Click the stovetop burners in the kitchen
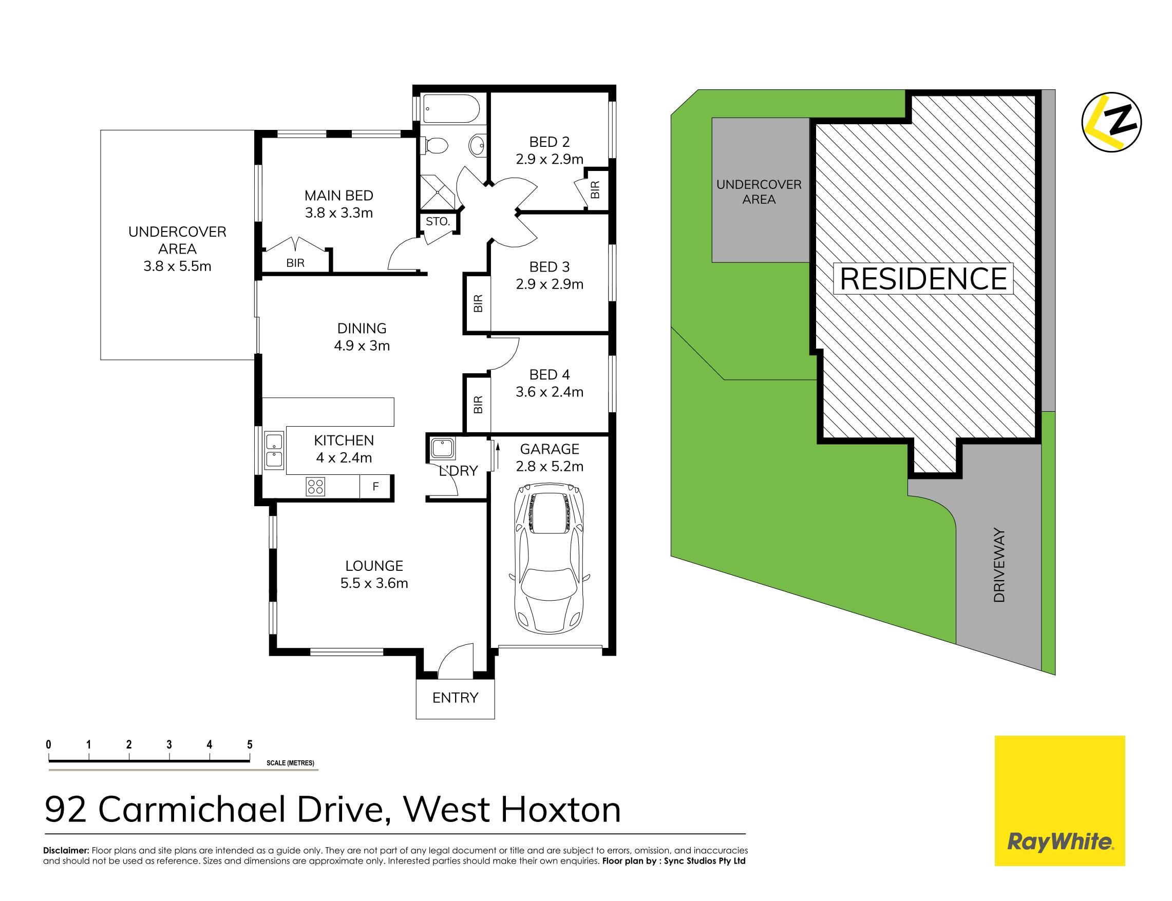click(315, 486)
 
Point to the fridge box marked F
click(375, 486)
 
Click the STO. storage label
click(438, 221)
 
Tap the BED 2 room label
click(549, 142)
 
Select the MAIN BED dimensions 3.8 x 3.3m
click(338, 213)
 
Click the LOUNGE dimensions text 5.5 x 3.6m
click(374, 583)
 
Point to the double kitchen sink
click(275, 450)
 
